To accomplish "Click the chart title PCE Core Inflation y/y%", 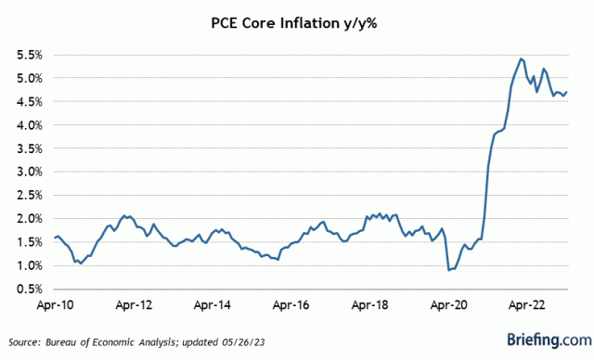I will pos(297,19).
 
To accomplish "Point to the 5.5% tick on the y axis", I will pos(24,55).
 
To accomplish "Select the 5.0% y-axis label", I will pos(24,78).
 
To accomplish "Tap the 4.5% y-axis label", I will pos(24,101).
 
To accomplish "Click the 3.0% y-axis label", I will pos(24,172).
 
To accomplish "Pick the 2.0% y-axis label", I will pos(24,219).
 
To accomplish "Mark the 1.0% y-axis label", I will pos(24,265).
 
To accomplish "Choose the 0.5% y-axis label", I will pos(24,289).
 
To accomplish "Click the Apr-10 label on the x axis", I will pos(56,304).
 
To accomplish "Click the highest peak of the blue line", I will pos(521,58).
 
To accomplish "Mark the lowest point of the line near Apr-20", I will pos(449,270).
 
